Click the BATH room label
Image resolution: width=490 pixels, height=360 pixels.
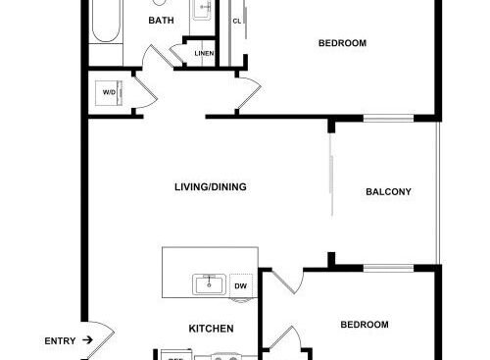161,21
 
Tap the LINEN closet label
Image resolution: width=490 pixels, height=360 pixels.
204,53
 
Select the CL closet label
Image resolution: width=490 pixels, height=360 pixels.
237,22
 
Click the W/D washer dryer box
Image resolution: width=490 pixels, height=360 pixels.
109,93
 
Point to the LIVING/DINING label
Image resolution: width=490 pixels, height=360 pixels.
211,187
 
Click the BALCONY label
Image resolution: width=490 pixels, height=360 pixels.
388,191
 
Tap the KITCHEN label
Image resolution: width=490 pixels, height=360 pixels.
211,329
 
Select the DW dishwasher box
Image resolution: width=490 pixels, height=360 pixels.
241,286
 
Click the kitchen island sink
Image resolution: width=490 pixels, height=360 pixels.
209,284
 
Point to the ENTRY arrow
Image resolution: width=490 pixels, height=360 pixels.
87,340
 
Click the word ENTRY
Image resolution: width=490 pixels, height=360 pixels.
60,341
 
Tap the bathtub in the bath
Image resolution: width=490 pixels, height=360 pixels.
106,21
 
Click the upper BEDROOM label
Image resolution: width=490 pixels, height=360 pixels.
342,43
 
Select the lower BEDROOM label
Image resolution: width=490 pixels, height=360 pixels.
365,325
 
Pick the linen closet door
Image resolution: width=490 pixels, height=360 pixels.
176,55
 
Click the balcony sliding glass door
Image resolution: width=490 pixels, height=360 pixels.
331,175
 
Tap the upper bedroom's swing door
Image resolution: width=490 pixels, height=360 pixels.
249,95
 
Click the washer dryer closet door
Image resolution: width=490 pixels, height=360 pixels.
146,92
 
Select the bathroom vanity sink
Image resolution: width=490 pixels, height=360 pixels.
202,9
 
